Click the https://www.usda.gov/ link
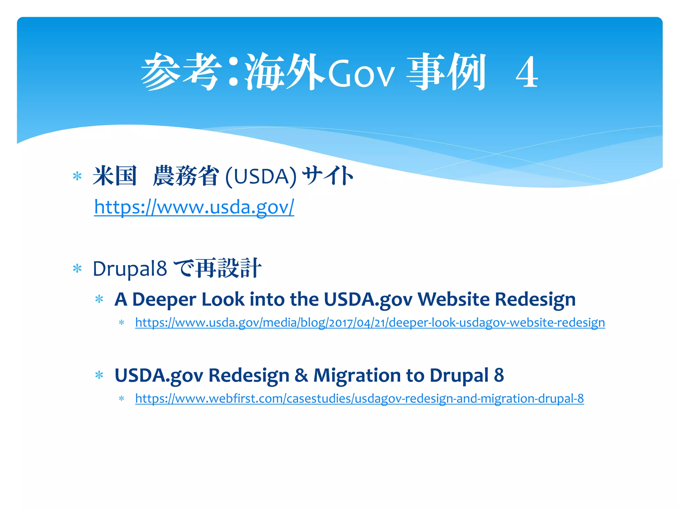tap(194, 207)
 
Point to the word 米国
tap(115, 176)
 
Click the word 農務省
tap(186, 176)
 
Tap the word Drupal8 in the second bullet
tap(130, 268)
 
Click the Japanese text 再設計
tap(228, 268)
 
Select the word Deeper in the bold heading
tap(164, 300)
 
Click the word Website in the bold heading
tap(453, 300)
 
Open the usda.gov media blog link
tap(370, 322)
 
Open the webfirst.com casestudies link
tap(359, 398)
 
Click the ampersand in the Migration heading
tap(301, 375)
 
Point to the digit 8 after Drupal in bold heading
tap(499, 375)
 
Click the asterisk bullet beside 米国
tap(77, 176)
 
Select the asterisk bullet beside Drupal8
tap(77, 268)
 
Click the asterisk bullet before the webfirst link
tap(122, 398)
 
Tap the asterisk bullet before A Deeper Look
tap(99, 300)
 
